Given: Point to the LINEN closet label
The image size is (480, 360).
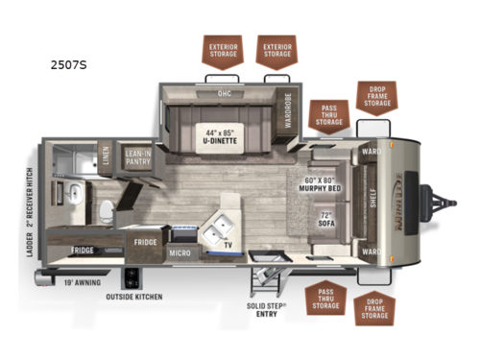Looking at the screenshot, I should coord(105,156).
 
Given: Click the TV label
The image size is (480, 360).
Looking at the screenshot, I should coord(228,246).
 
